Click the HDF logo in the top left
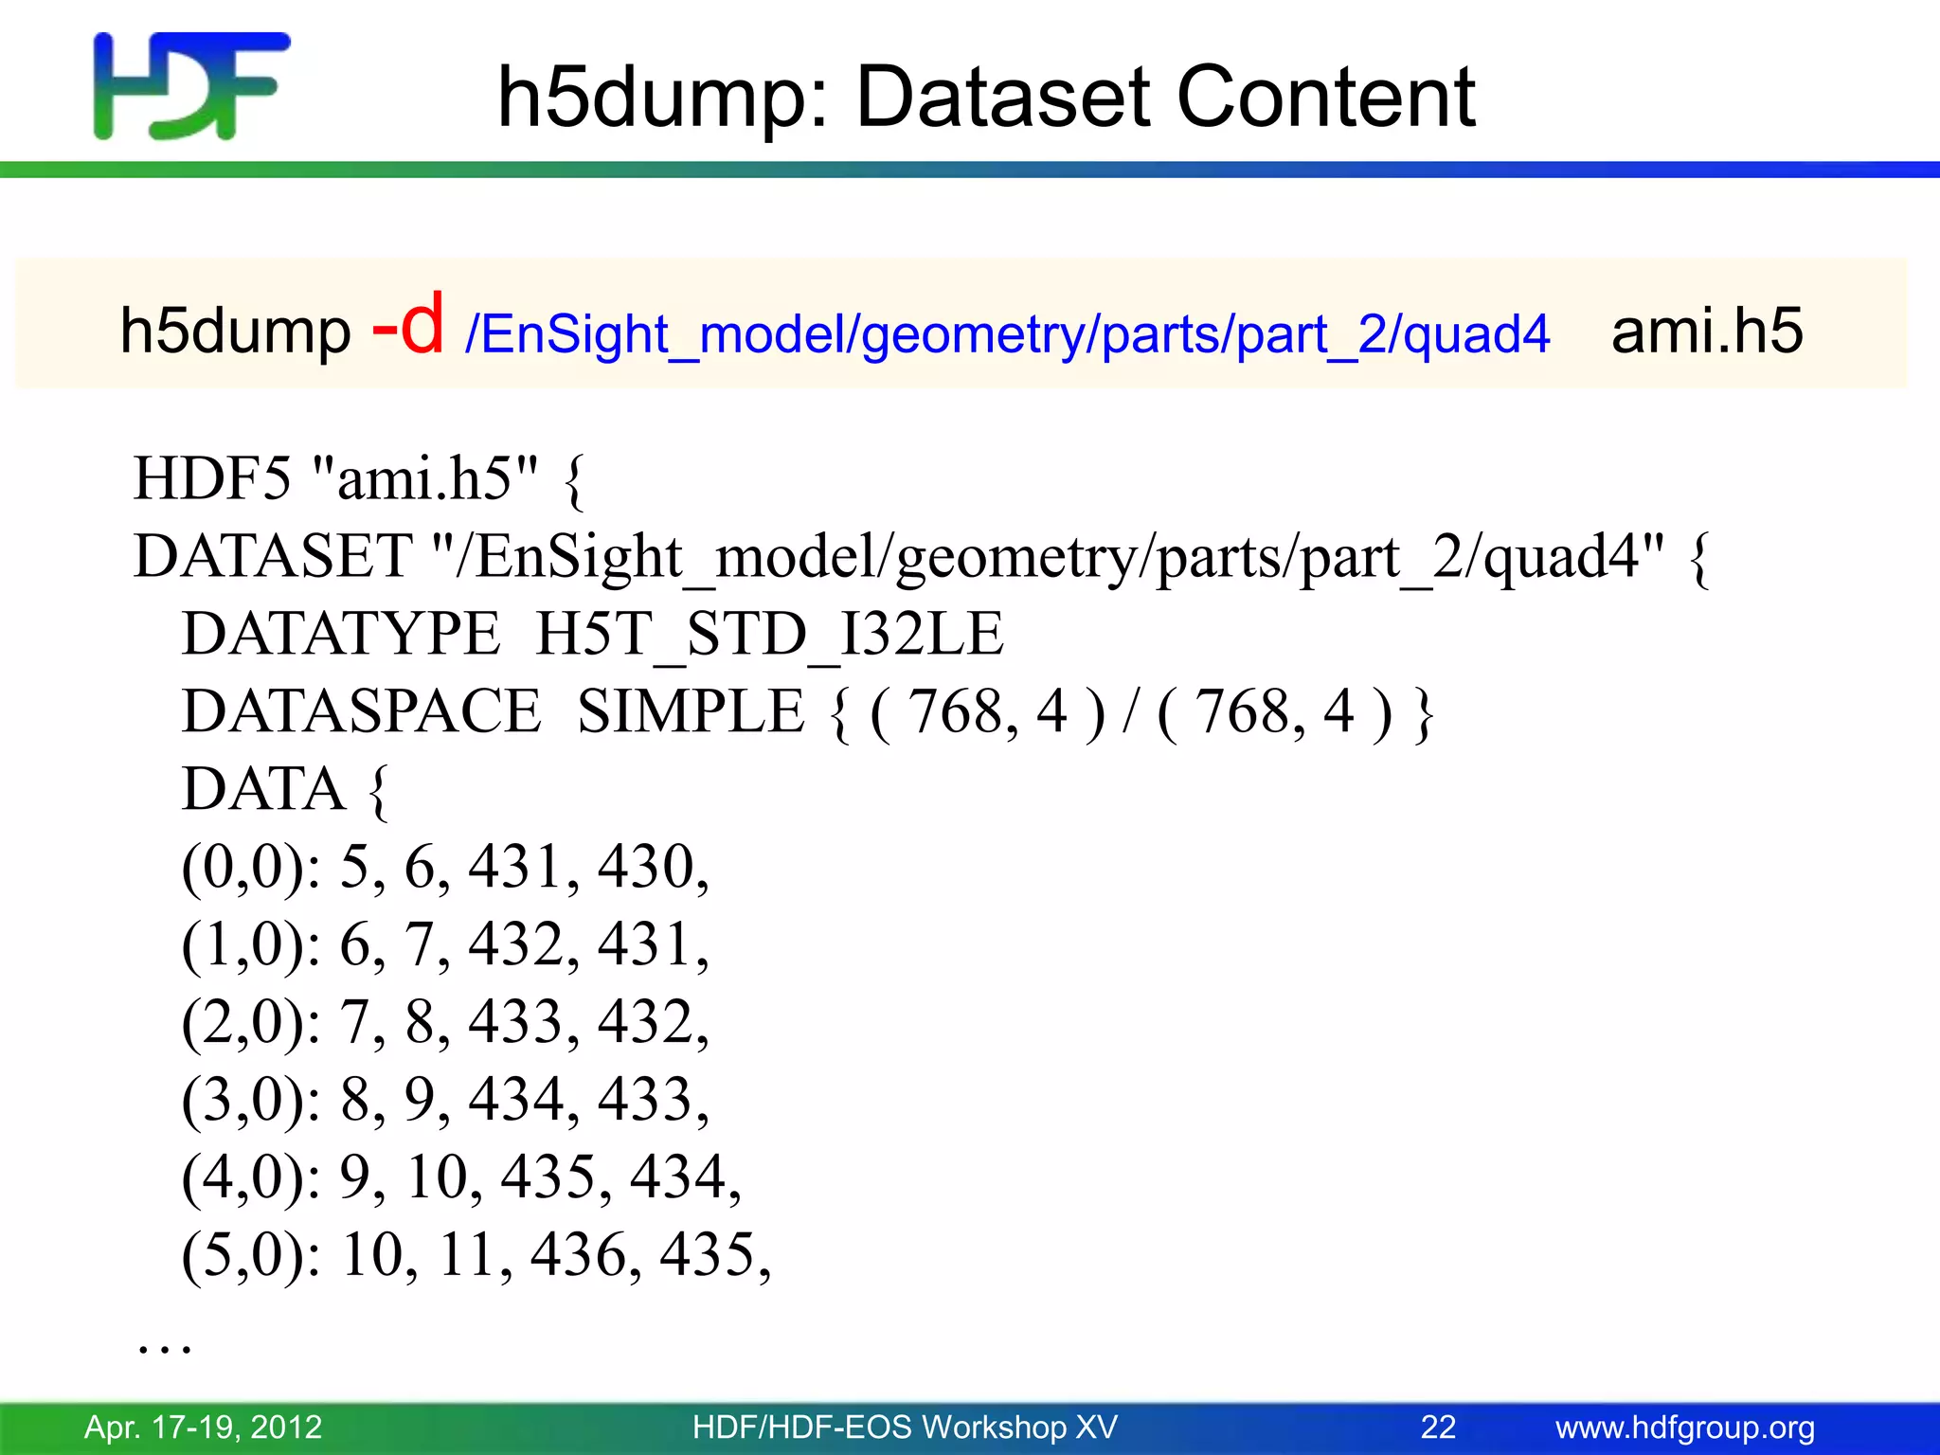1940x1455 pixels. coord(191,85)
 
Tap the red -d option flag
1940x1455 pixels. coord(407,325)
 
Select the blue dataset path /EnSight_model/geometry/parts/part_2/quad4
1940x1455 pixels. coord(1007,334)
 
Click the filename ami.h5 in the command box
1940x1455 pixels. coord(1706,331)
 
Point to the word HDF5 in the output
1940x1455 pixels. coord(212,478)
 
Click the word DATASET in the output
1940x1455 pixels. coord(272,556)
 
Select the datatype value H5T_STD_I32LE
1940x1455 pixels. coord(768,634)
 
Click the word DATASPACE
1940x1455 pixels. coord(361,711)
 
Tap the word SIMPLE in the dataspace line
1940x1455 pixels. coord(691,711)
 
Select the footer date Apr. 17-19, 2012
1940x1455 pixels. coord(204,1427)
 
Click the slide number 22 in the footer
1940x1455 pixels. coord(1437,1427)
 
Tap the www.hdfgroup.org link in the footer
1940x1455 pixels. coord(1684,1427)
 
